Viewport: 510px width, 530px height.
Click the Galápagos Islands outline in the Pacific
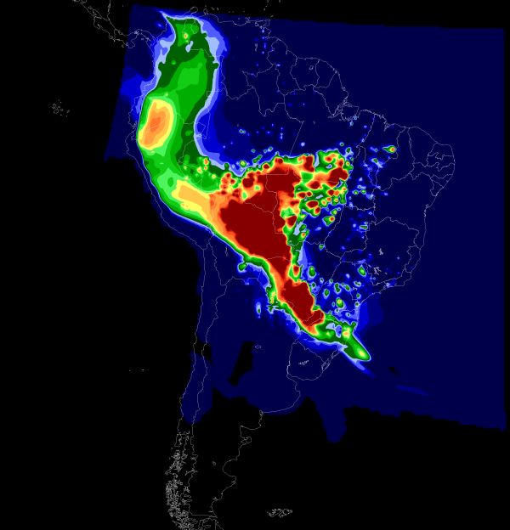59,108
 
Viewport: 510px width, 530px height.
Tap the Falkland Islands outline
280,512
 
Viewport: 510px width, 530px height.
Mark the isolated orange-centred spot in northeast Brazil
391,149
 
